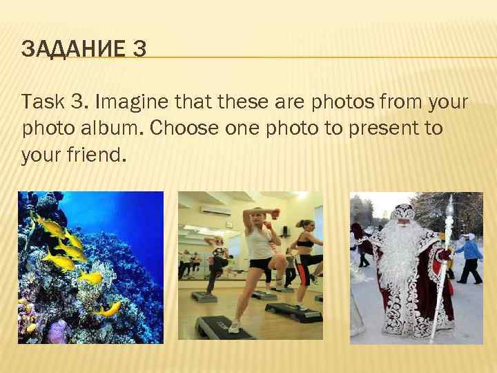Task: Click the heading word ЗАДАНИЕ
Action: tap(66, 49)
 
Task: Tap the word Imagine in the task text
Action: tap(130, 104)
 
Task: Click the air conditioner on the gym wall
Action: tap(217, 209)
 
